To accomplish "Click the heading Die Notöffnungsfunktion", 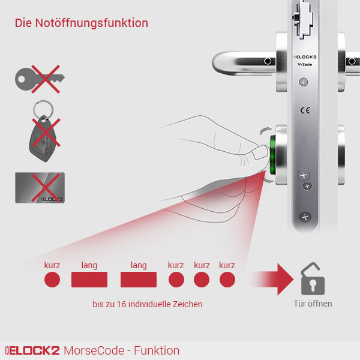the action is [x=82, y=23].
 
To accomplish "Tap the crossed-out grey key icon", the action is [x=40, y=79].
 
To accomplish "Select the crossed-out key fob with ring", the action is [x=43, y=131].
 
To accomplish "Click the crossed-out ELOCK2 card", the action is [x=40, y=188].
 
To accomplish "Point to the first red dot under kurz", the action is [x=52, y=280].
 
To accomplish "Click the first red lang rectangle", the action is [x=89, y=280].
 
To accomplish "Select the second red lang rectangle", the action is [x=139, y=280].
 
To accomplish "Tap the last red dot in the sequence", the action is [x=227, y=280].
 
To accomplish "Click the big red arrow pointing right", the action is [x=272, y=279].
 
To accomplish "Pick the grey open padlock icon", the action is [x=313, y=279].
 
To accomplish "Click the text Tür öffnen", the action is [x=313, y=304].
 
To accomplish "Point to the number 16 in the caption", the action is [x=122, y=304].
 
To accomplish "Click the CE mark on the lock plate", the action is [x=305, y=110].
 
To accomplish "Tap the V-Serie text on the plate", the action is [x=305, y=65].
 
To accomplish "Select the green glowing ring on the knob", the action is [x=272, y=155].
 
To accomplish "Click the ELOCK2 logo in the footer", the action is [x=32, y=350].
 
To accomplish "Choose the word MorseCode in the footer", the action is [x=94, y=350].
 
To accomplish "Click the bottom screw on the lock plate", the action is [x=305, y=217].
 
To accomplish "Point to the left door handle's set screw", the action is [x=268, y=61].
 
